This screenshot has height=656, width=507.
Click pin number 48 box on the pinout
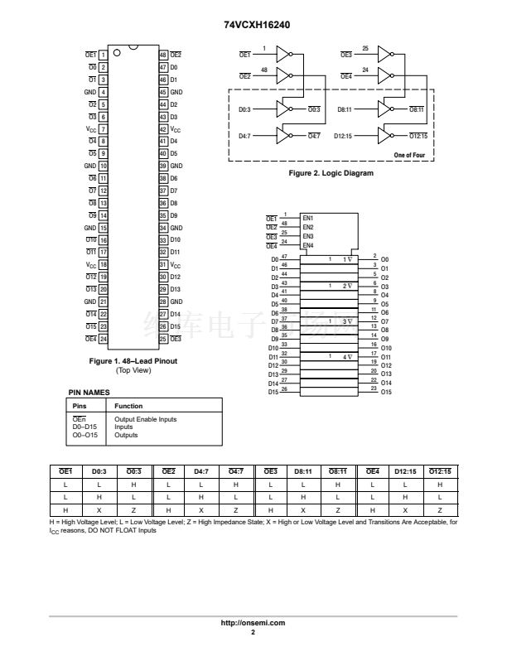click(x=163, y=54)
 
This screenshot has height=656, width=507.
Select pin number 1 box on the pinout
click(x=104, y=54)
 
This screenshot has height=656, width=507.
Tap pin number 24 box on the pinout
click(x=104, y=338)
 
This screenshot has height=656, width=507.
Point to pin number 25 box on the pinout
click(x=163, y=338)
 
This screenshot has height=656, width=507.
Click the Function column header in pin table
click(x=128, y=406)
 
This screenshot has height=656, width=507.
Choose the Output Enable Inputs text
click(x=145, y=419)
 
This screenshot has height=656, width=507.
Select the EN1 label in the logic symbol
click(x=308, y=217)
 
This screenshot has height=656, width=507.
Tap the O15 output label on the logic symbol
click(x=385, y=391)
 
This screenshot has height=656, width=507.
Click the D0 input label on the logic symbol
click(x=274, y=259)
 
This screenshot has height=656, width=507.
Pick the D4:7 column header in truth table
click(x=201, y=472)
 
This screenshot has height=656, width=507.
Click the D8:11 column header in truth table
click(x=304, y=472)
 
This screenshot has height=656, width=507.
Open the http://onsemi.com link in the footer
click(x=253, y=621)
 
